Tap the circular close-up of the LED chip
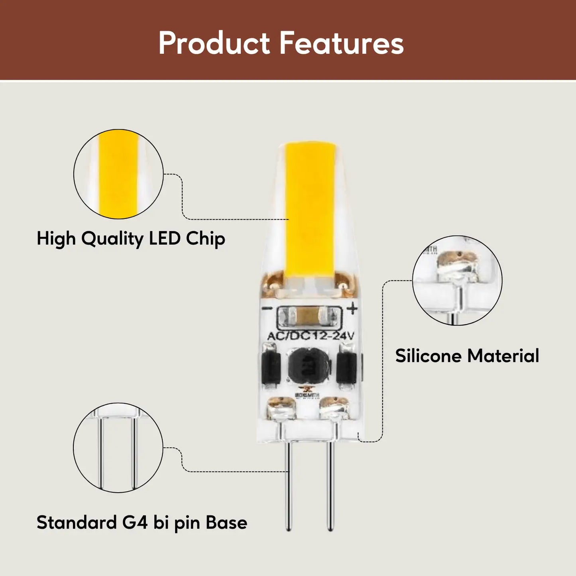click(118, 174)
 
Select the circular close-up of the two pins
click(118, 448)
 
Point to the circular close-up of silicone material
click(457, 280)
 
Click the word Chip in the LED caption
click(205, 238)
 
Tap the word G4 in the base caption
click(135, 522)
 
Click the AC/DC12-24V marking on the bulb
click(310, 336)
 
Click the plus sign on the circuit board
click(352, 309)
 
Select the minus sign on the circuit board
click(267, 309)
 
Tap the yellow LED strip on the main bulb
click(310, 211)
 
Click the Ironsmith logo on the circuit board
click(307, 393)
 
